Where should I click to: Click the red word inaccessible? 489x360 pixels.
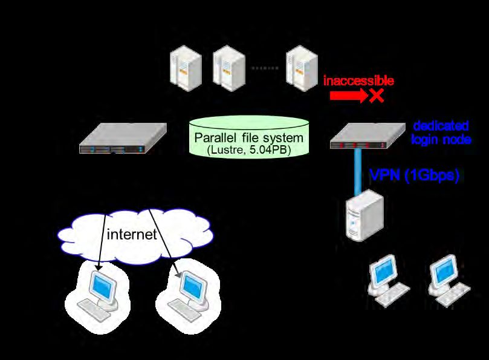point(358,80)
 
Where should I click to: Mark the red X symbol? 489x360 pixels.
point(377,95)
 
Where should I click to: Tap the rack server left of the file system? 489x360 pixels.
point(124,138)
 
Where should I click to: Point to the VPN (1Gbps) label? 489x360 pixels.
point(415,175)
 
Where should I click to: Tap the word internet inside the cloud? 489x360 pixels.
point(131,234)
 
